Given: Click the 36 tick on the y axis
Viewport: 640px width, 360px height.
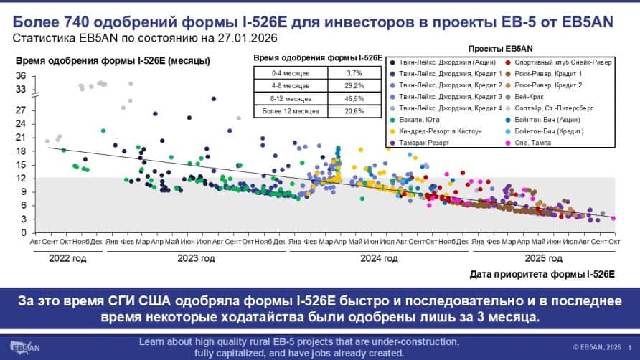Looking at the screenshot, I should pyautogui.click(x=21, y=75).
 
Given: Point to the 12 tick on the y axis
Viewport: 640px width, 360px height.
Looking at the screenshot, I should pyautogui.click(x=21, y=178).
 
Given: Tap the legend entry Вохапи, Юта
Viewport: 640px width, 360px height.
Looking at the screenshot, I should pyautogui.click(x=422, y=120).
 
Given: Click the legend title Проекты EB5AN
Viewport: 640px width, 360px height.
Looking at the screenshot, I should pyautogui.click(x=499, y=48).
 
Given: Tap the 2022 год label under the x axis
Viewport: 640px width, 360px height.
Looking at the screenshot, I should pyautogui.click(x=67, y=257).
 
